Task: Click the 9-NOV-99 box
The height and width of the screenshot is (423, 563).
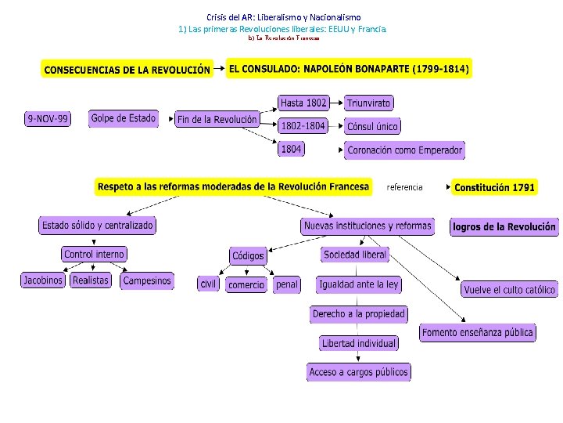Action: pos(47,119)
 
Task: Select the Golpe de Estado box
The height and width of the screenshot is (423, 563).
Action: pos(124,118)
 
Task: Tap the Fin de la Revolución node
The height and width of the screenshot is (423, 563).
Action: pos(217,120)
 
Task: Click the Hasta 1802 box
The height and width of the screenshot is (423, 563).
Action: pos(303,103)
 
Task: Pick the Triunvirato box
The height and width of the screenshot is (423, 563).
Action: pos(369,103)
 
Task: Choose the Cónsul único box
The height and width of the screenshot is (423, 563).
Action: pos(372,126)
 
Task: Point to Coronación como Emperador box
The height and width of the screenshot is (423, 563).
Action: pos(405,150)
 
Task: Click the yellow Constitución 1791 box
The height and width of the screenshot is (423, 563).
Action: pos(495,187)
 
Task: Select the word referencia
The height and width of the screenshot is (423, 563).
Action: pos(404,187)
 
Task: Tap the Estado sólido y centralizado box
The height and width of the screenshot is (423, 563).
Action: pos(98,226)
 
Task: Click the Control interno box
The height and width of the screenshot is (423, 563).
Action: pos(94,255)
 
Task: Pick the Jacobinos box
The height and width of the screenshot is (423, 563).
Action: pos(43,280)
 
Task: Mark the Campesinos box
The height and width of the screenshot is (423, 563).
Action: pos(146,280)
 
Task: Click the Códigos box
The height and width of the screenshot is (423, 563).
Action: pos(249,256)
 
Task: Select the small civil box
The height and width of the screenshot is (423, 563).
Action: pos(207,284)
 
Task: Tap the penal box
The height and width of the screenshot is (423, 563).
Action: pos(287,284)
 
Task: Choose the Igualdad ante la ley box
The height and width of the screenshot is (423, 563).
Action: pos(359,284)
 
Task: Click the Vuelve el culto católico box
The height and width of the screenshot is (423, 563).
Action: pos(509,290)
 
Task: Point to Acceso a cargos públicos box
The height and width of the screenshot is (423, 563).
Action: pos(359,372)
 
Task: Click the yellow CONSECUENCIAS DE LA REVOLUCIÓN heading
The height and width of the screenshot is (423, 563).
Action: pos(127,70)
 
